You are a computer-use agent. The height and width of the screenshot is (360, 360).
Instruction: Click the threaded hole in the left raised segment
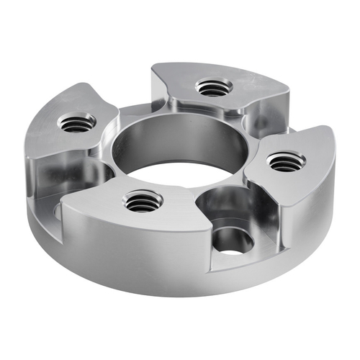pos(77,123)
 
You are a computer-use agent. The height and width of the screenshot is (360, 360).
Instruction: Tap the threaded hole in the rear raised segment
pos(213,88)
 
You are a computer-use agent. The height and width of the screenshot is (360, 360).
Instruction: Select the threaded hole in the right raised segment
pos(287,162)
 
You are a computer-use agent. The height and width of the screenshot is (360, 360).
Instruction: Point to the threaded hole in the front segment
pos(143,202)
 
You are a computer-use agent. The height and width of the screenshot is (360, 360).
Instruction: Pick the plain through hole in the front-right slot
pos(232,241)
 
